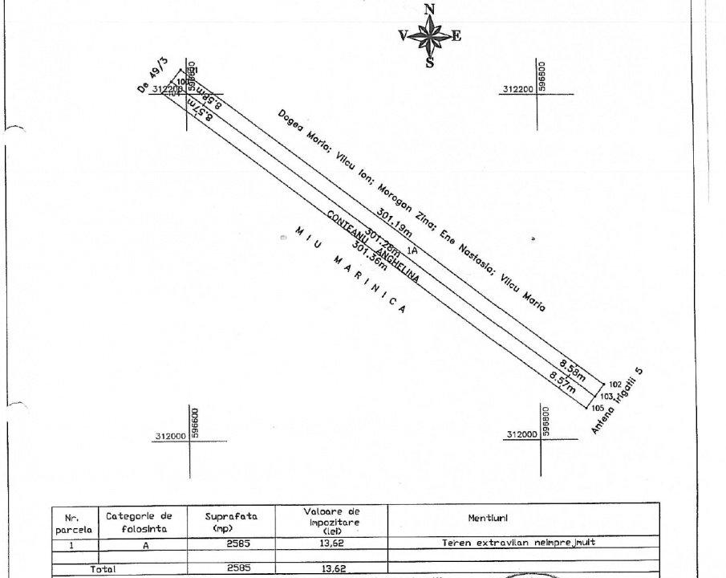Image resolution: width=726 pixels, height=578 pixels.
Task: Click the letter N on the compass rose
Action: (x=430, y=9)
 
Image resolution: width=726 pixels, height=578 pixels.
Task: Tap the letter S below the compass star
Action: (x=430, y=63)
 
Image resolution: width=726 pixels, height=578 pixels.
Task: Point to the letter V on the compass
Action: (x=403, y=35)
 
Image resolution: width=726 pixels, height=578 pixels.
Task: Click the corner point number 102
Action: (x=615, y=384)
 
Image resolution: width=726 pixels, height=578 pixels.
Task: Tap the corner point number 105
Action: (x=597, y=407)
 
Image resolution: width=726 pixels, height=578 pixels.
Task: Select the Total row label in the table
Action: (x=102, y=569)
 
